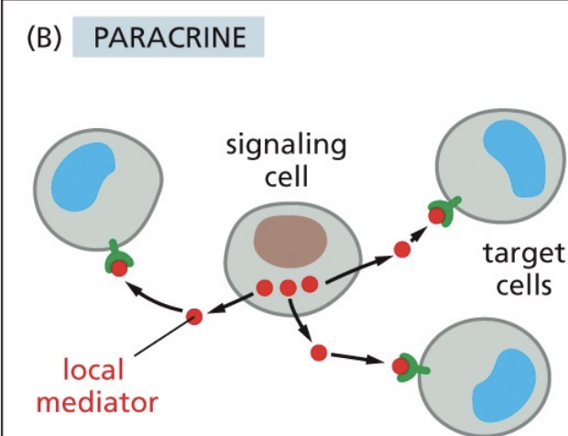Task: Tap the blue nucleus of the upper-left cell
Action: [89, 180]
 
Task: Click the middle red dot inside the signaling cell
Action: [288, 288]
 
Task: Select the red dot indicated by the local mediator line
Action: [193, 316]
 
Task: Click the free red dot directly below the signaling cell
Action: [319, 352]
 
